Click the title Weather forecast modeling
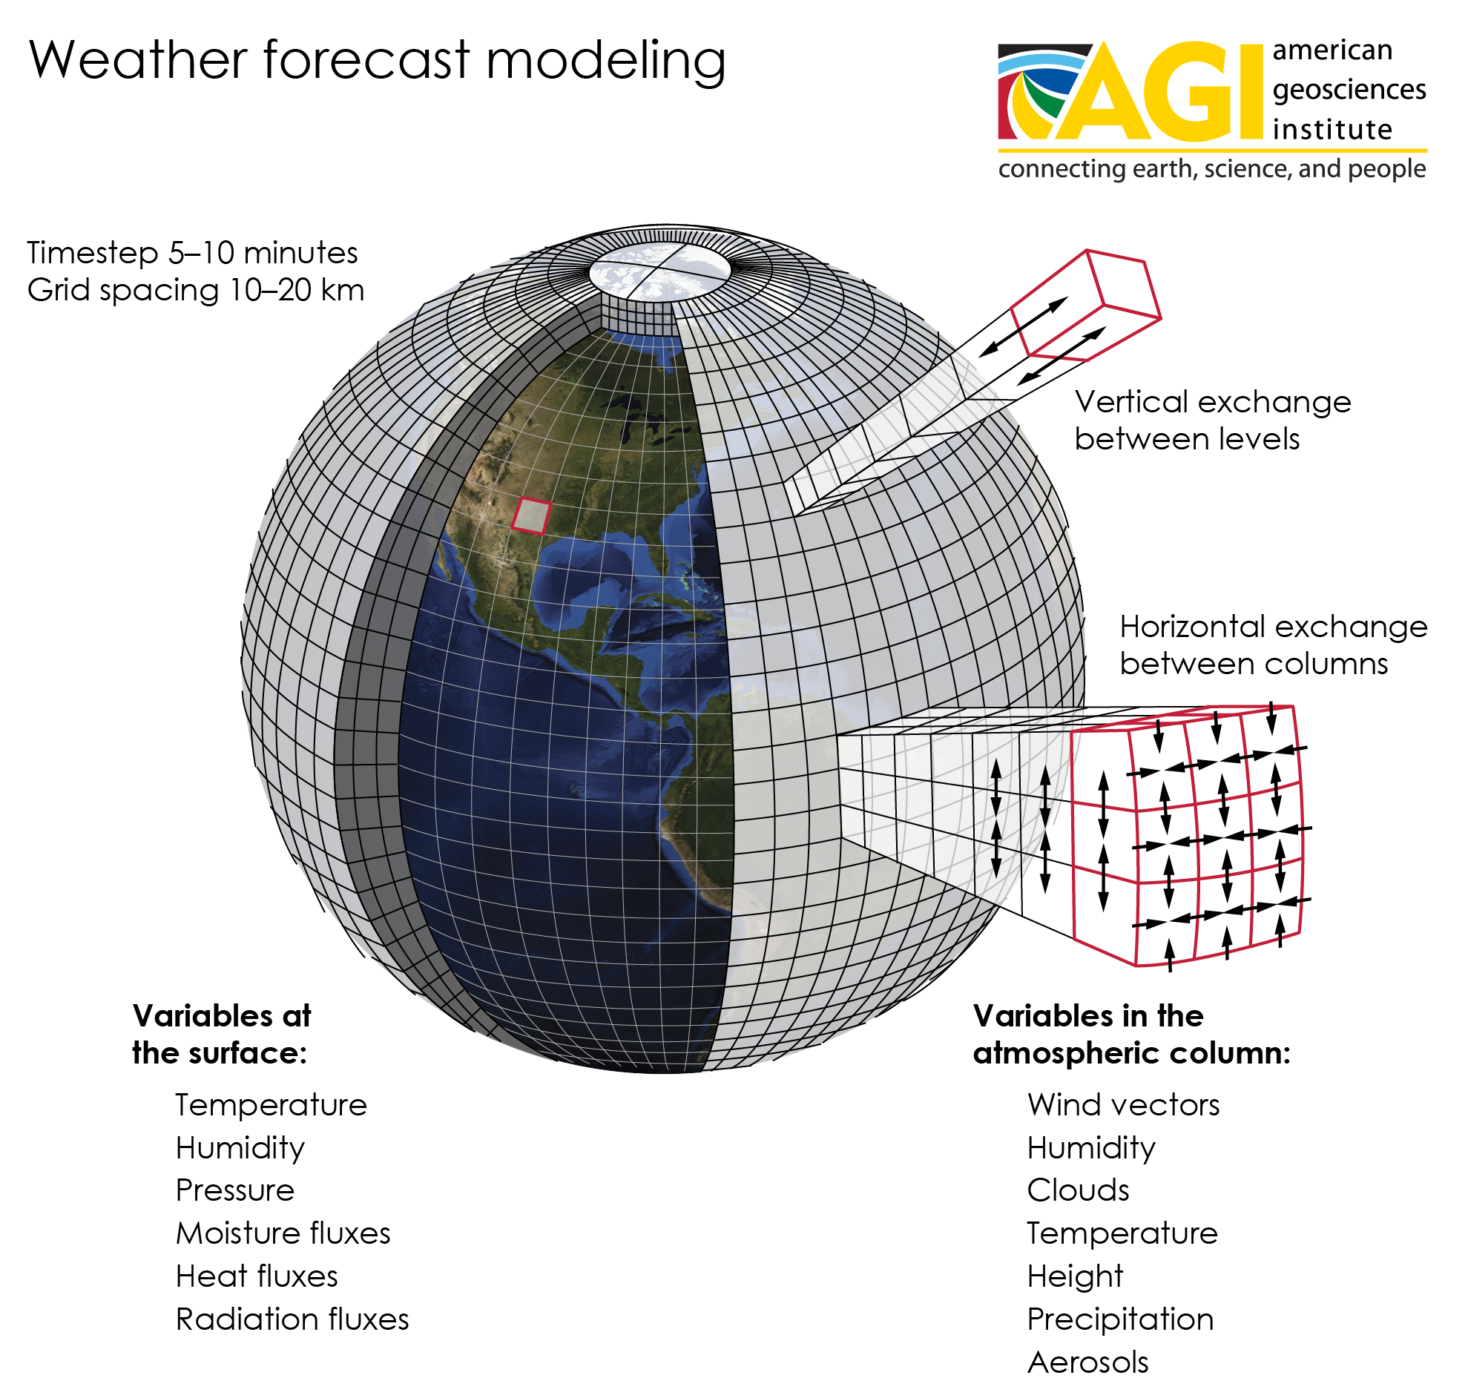point(377,61)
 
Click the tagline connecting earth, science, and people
point(1211,169)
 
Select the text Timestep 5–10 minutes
point(192,254)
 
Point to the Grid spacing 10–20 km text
point(196,291)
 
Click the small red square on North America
point(530,515)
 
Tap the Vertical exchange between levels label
point(1212,421)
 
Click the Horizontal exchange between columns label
point(1274,645)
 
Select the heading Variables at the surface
point(221,1035)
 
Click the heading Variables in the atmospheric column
point(1132,1035)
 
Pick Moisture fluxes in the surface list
point(283,1233)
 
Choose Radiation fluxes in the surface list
point(292,1319)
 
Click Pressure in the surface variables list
point(234,1190)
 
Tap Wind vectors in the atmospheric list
point(1123,1104)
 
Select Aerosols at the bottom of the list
point(1087,1362)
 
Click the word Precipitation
point(1120,1319)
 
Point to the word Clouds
point(1078,1190)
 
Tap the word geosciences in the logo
point(1349,90)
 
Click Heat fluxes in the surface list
point(257,1276)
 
